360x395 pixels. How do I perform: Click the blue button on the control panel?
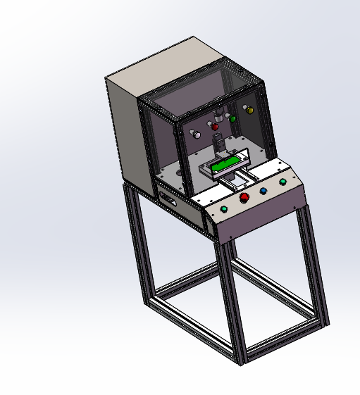[263, 190]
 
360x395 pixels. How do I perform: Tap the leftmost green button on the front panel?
[225, 209]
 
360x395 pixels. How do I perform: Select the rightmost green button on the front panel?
[283, 182]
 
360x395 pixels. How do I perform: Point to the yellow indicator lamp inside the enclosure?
[247, 109]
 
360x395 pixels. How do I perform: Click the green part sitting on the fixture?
[225, 163]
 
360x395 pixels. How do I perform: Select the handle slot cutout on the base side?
[168, 199]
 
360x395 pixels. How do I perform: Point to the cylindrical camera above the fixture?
[220, 115]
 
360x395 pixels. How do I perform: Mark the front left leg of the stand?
[232, 303]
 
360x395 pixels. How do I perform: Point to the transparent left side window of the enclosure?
[159, 144]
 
